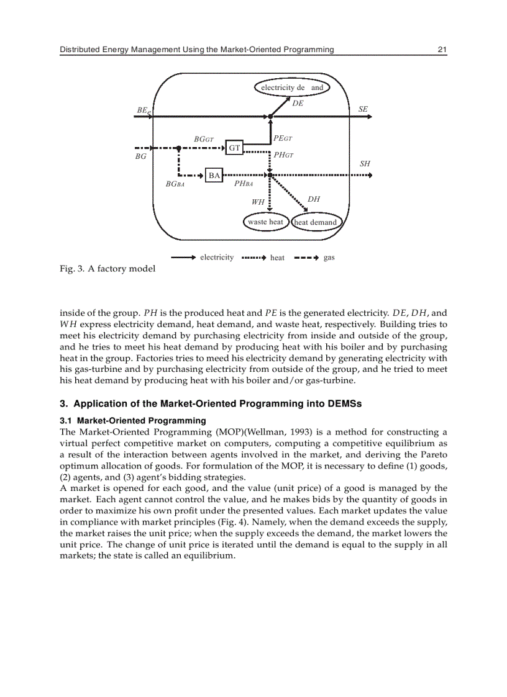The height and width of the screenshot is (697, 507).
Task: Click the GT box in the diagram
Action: tap(234, 148)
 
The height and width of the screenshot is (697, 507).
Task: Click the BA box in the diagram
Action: tap(214, 176)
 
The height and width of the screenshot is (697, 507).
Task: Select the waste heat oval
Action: tap(265, 222)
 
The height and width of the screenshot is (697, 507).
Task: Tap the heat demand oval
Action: tap(315, 222)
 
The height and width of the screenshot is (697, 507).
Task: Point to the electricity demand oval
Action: tap(292, 88)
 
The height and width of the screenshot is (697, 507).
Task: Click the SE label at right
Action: tap(363, 109)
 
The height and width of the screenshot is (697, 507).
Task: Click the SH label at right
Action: tap(365, 164)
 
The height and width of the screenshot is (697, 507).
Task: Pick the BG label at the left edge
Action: tap(140, 157)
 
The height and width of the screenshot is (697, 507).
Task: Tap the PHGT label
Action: tap(284, 155)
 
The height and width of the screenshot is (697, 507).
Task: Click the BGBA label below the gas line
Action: tap(175, 184)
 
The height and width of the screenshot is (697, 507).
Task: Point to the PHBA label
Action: tap(244, 184)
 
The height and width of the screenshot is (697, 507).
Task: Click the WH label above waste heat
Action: tap(258, 202)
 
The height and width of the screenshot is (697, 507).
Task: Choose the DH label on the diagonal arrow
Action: tap(314, 199)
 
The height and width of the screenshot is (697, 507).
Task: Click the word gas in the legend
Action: tap(329, 258)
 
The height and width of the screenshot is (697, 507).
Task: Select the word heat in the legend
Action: tap(277, 258)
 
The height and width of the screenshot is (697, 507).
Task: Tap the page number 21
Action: tap(442, 50)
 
